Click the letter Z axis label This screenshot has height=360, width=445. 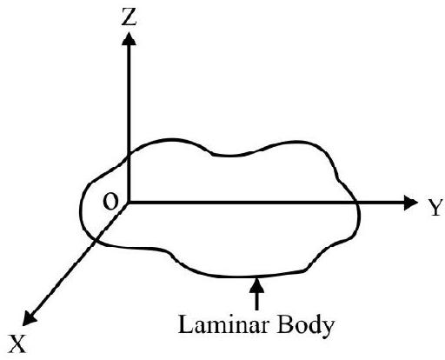(129, 17)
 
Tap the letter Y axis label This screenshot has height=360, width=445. (435, 207)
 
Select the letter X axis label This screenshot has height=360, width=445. (17, 343)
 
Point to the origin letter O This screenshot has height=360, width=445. (110, 202)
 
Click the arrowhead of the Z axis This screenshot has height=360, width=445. (129, 38)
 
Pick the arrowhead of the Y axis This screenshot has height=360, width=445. (411, 203)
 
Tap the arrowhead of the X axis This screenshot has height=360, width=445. (29, 318)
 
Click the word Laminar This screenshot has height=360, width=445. (222, 324)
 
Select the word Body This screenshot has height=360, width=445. (305, 326)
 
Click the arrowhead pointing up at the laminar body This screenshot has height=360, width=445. (256, 285)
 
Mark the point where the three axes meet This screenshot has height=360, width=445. (129, 203)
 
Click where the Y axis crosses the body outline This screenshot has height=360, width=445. (357, 203)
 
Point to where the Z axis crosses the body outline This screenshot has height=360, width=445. (129, 156)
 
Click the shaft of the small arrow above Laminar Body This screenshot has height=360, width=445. (256, 301)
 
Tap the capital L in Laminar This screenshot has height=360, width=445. (185, 324)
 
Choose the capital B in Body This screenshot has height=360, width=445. (285, 324)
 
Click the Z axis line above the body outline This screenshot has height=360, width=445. (129, 100)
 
